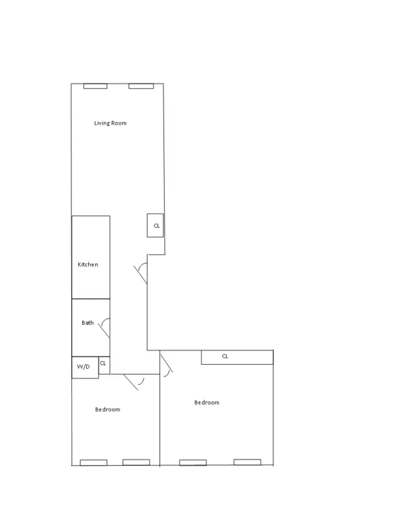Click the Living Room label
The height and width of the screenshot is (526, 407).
pos(110,123)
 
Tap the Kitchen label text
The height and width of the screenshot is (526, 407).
pos(88,264)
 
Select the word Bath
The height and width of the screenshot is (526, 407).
pos(88,323)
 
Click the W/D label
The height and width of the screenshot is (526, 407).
pos(83,367)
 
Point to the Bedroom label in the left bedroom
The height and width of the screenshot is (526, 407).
pos(107,409)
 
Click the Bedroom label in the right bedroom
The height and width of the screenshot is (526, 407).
pos(207,403)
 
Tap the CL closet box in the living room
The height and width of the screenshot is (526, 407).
pos(156,226)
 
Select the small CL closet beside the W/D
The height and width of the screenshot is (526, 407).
pos(103,364)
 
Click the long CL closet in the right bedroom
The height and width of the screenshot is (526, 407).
pos(237,357)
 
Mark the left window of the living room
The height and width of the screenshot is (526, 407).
pos(95,86)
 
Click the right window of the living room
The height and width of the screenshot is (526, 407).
pos(141,86)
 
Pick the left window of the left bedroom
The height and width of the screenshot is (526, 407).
pos(94,462)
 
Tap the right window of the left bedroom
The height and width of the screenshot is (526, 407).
pos(136,462)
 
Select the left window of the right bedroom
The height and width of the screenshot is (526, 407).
pos(193,462)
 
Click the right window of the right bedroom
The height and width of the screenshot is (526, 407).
pos(247,462)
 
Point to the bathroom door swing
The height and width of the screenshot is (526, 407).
pos(104,328)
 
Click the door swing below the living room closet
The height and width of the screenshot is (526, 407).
pos(142,272)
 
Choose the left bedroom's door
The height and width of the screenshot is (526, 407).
pos(134,382)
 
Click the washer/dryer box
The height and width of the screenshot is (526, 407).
pos(85,367)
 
